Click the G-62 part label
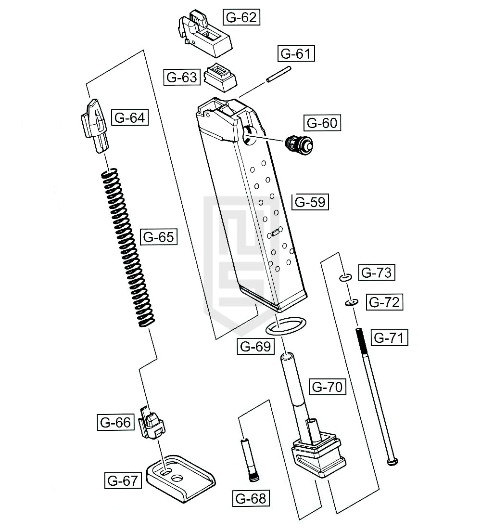click(241, 17)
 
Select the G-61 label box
click(296, 53)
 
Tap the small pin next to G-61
click(278, 74)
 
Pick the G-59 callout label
click(310, 202)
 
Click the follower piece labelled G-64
click(95, 126)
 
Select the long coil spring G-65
click(128, 247)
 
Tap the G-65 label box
click(159, 236)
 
